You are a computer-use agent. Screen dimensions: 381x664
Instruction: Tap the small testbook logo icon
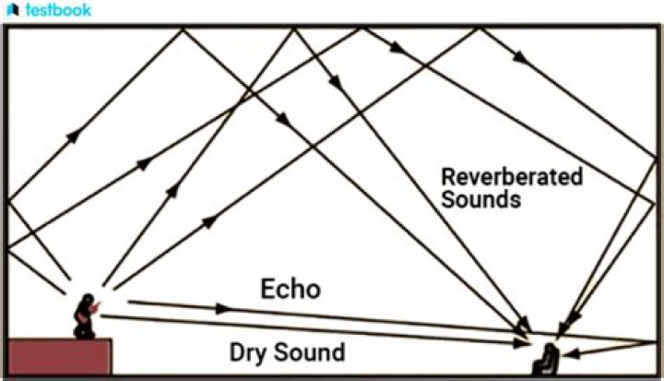tap(11, 11)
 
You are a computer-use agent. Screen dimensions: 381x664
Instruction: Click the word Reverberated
tap(511, 177)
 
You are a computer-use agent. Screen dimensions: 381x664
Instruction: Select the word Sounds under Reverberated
tap(480, 198)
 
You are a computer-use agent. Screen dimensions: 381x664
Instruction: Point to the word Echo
tap(290, 289)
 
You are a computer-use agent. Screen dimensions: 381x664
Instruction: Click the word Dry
tap(247, 351)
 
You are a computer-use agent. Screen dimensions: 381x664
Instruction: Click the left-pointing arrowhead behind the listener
tap(574, 353)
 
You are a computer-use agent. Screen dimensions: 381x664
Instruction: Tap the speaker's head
tap(89, 301)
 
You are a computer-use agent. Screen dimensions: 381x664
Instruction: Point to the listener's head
tap(550, 347)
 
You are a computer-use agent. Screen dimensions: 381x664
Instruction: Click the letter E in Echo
tap(267, 289)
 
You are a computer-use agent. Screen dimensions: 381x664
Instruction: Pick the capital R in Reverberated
tap(448, 177)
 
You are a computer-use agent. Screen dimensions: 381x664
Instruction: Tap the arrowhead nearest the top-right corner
tap(522, 58)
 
